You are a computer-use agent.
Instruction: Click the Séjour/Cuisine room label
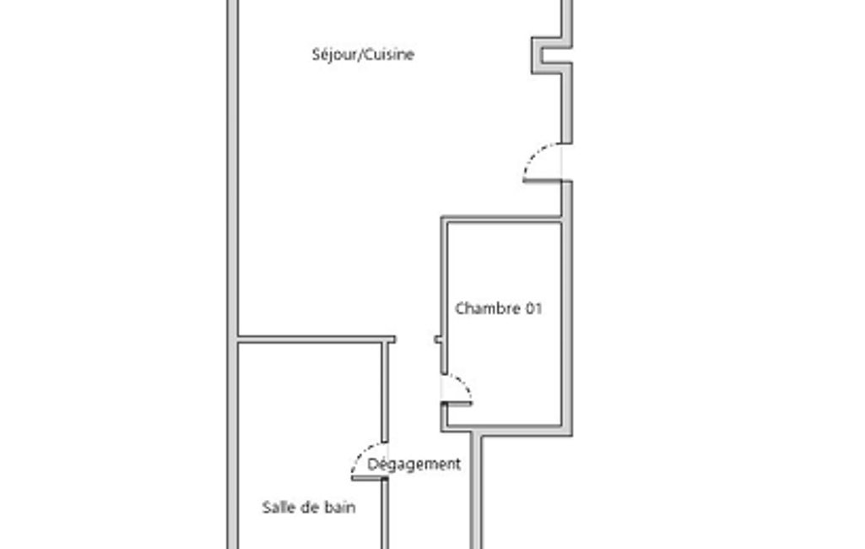pos(363,55)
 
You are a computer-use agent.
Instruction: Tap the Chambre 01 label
pos(499,308)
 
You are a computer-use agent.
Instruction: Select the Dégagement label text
pos(414,464)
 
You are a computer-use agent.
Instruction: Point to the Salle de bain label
pos(308,507)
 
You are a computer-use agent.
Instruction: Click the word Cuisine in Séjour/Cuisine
pos(390,55)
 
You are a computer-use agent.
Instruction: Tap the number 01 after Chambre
pos(533,308)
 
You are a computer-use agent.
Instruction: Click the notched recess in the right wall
pos(547,55)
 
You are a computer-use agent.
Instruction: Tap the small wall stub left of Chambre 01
pos(438,340)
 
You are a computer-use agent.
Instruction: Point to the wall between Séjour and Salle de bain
pos(316,340)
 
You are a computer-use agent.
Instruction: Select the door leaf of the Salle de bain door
pos(368,478)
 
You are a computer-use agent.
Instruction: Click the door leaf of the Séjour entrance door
pos(542,180)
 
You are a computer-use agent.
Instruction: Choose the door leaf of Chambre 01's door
pos(458,404)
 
